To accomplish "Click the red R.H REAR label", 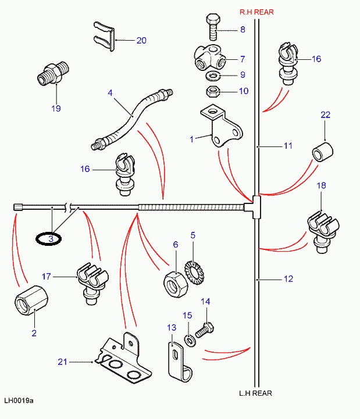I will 256,12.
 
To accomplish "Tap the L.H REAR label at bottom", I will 255,393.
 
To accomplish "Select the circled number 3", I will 51,238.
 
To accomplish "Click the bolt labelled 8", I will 212,26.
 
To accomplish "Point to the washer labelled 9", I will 213,76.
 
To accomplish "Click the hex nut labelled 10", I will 213,91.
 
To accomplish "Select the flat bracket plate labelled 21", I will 123,360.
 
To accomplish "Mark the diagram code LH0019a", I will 19,400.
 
